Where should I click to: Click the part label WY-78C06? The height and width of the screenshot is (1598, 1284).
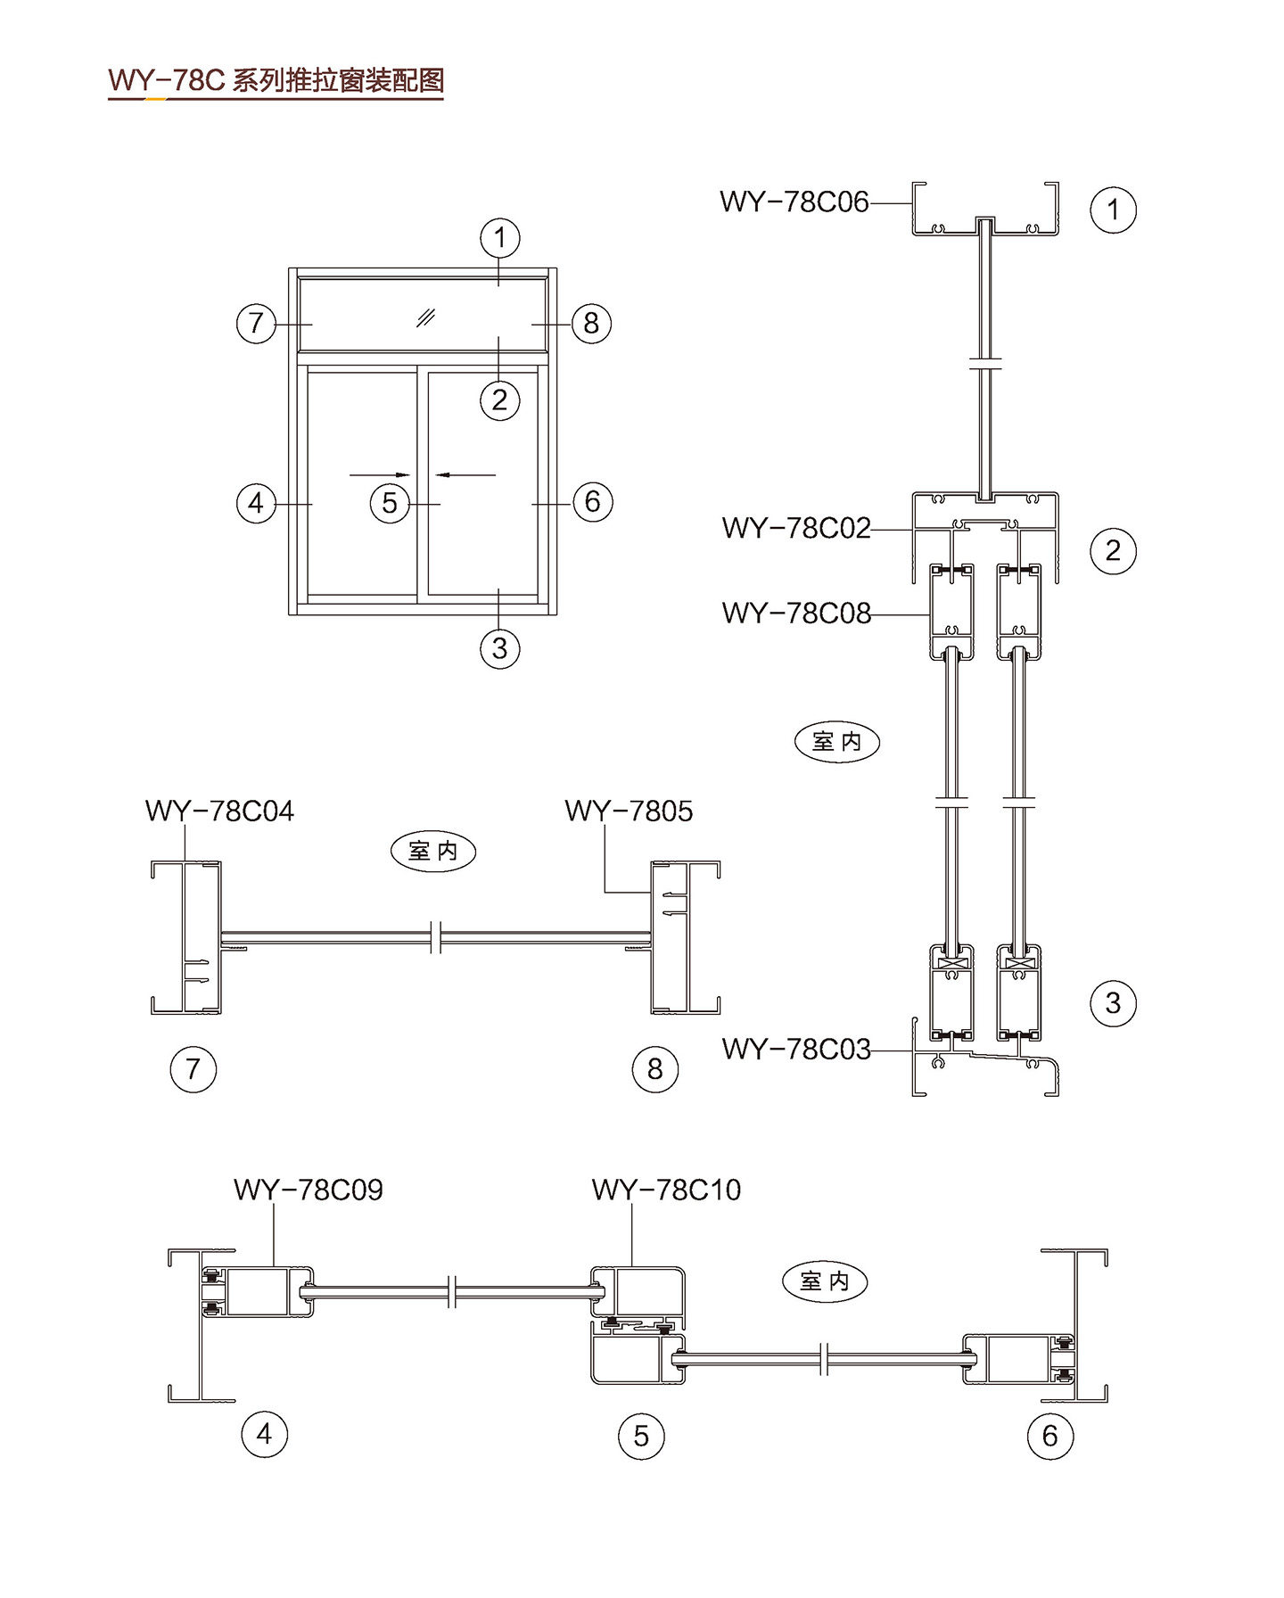coord(794,202)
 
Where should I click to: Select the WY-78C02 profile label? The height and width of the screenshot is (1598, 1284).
coord(795,529)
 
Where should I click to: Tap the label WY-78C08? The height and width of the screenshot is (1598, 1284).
coord(795,614)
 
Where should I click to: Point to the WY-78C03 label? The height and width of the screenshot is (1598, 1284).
coord(795,1050)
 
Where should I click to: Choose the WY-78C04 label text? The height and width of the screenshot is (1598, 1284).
coord(219,811)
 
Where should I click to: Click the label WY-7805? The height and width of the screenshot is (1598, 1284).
coord(629,811)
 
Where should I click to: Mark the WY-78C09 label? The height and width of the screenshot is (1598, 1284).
coord(308,1190)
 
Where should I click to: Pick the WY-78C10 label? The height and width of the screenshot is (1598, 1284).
coord(666,1190)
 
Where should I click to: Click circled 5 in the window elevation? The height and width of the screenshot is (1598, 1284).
coord(390,503)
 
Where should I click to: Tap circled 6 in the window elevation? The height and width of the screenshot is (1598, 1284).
coord(592,502)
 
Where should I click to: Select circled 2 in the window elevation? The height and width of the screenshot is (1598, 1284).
coord(499,399)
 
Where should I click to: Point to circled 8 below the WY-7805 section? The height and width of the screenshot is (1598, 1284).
coord(654,1068)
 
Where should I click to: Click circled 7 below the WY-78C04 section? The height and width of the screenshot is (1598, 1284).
coord(193,1068)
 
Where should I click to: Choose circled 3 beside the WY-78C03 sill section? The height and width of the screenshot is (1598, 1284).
coord(1113,1003)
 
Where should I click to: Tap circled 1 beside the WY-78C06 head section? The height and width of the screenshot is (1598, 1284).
coord(1113,210)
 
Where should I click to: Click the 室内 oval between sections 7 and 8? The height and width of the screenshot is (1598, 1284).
coord(433,851)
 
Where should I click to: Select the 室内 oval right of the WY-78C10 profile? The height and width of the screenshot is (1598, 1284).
coord(824,1281)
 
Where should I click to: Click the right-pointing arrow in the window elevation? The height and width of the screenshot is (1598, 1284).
coord(380,474)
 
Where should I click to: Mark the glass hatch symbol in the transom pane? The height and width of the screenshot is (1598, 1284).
coord(426,317)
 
